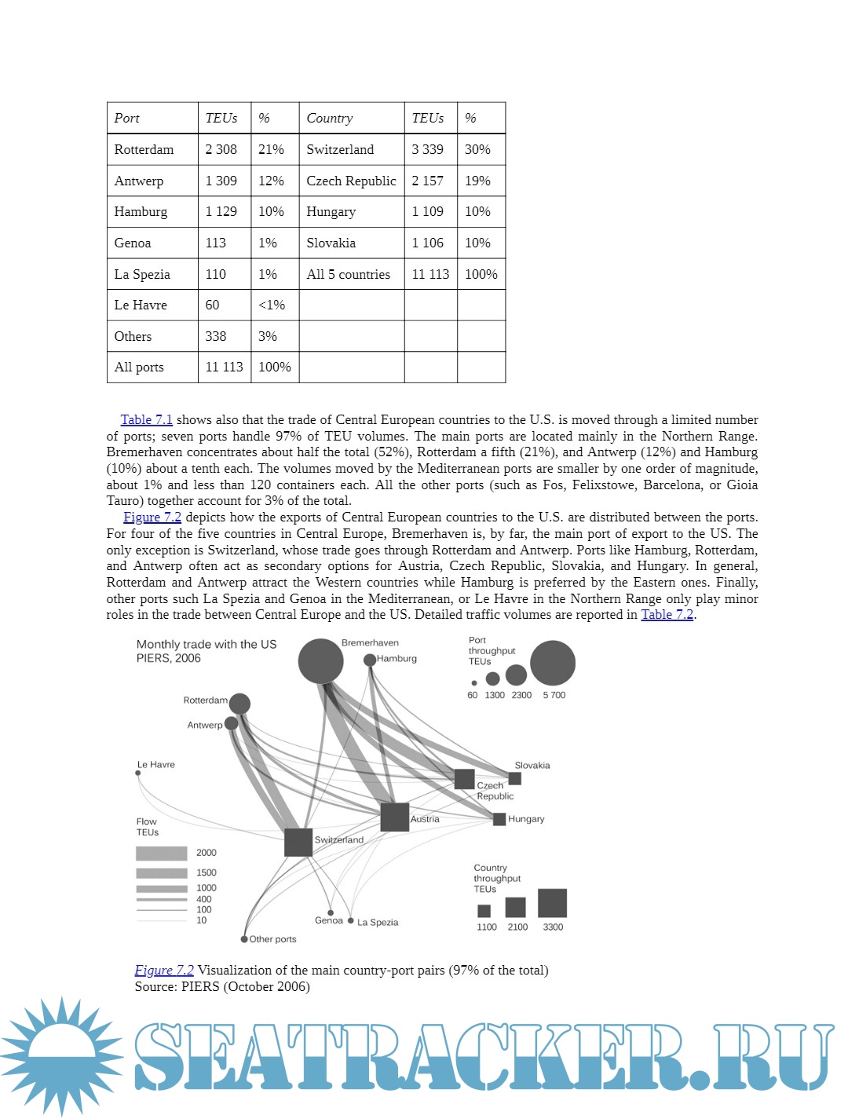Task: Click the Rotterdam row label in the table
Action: [x=144, y=149]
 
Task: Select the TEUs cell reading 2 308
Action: [x=221, y=149]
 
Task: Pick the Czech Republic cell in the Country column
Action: [x=351, y=181]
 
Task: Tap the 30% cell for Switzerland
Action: [x=477, y=149]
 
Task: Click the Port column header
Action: [x=127, y=118]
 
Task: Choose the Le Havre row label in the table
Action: [x=141, y=305]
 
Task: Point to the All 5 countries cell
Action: [x=349, y=274]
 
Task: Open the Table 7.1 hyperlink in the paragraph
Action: [x=147, y=420]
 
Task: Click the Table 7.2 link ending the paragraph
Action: [x=667, y=615]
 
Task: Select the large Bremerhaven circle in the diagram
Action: [x=320, y=661]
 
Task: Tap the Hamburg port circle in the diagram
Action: [x=370, y=660]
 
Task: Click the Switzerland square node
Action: [x=298, y=843]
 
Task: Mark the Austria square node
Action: [x=394, y=817]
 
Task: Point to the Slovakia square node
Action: [x=515, y=779]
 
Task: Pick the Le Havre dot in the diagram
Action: [x=138, y=773]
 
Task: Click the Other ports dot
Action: [x=244, y=939]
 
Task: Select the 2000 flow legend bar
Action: [x=161, y=853]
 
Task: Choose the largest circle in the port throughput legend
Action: [x=553, y=664]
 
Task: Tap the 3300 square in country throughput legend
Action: [x=552, y=903]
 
